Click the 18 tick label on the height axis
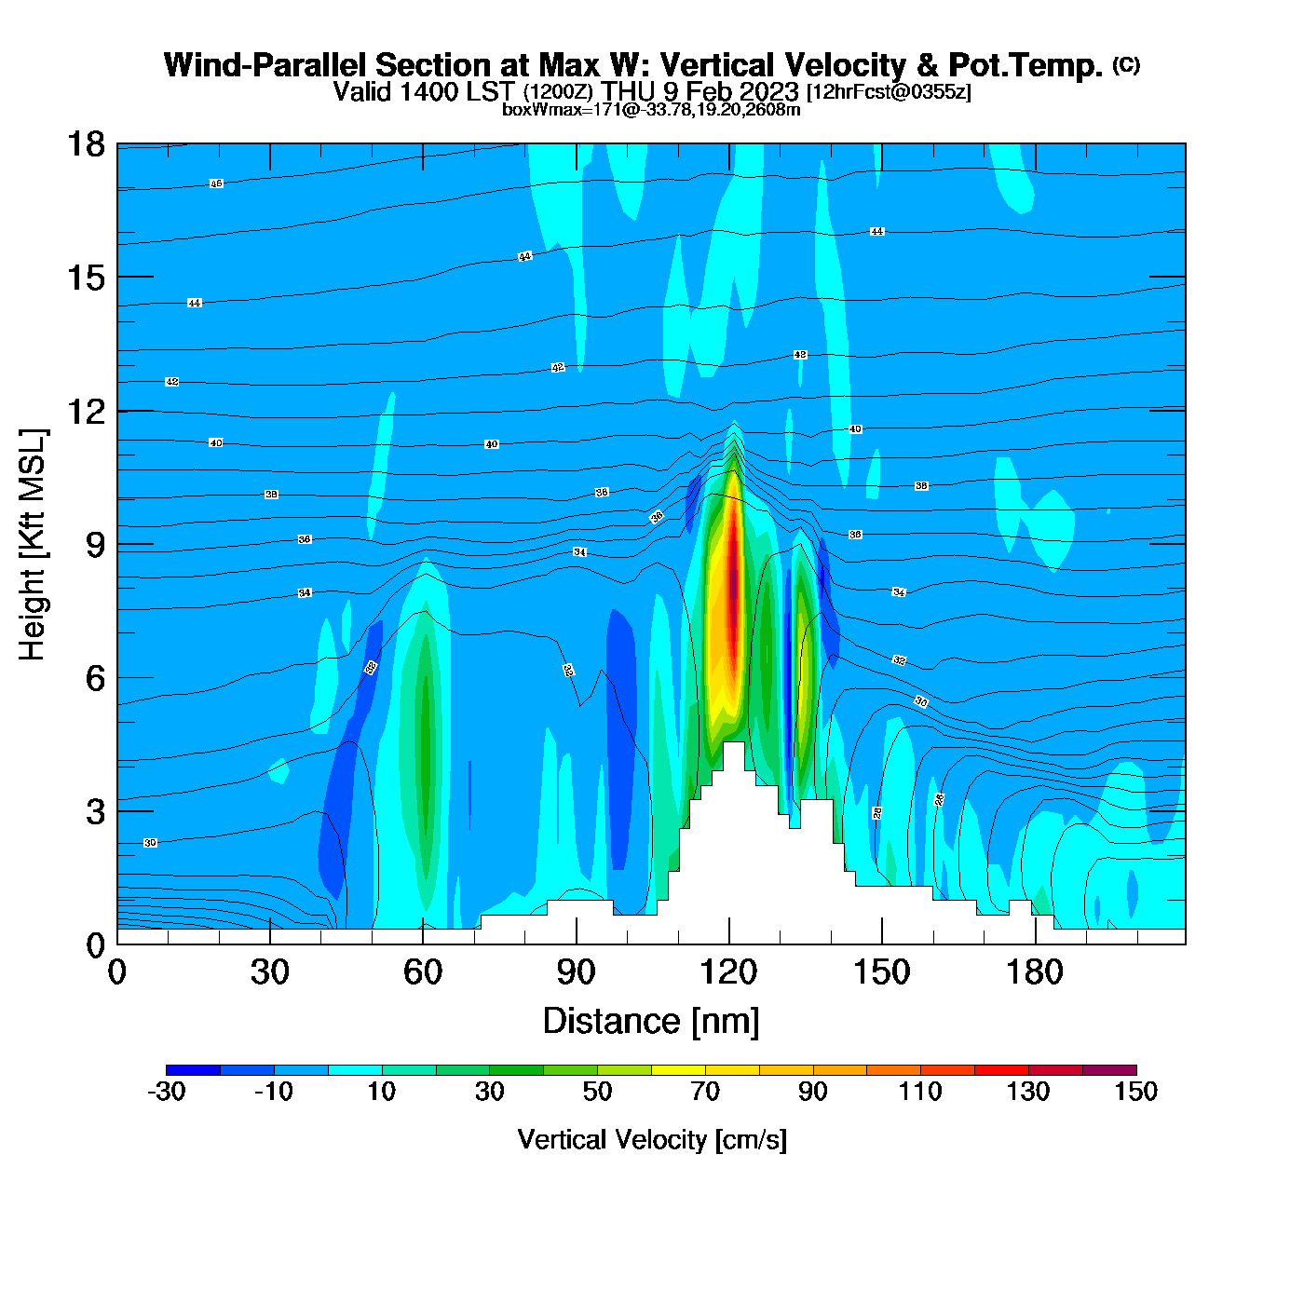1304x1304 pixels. (85, 144)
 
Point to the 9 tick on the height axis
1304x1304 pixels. (96, 545)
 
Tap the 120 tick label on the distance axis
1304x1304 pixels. (729, 972)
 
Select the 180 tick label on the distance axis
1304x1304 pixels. (1035, 972)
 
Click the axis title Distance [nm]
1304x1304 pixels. (651, 1022)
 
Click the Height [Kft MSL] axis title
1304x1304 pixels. (33, 545)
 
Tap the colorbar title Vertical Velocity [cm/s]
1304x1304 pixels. (652, 1139)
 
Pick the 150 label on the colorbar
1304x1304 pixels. (1135, 1092)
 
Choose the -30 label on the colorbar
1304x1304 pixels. (167, 1092)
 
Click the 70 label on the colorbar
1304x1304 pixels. (705, 1092)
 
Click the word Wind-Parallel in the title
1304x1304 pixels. (265, 65)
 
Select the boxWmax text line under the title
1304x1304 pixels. (651, 110)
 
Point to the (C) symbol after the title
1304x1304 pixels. (1126, 64)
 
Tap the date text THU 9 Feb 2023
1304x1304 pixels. (700, 91)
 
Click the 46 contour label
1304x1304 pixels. (216, 183)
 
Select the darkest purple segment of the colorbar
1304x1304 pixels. (1109, 1070)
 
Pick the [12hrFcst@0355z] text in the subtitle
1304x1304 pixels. (889, 91)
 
